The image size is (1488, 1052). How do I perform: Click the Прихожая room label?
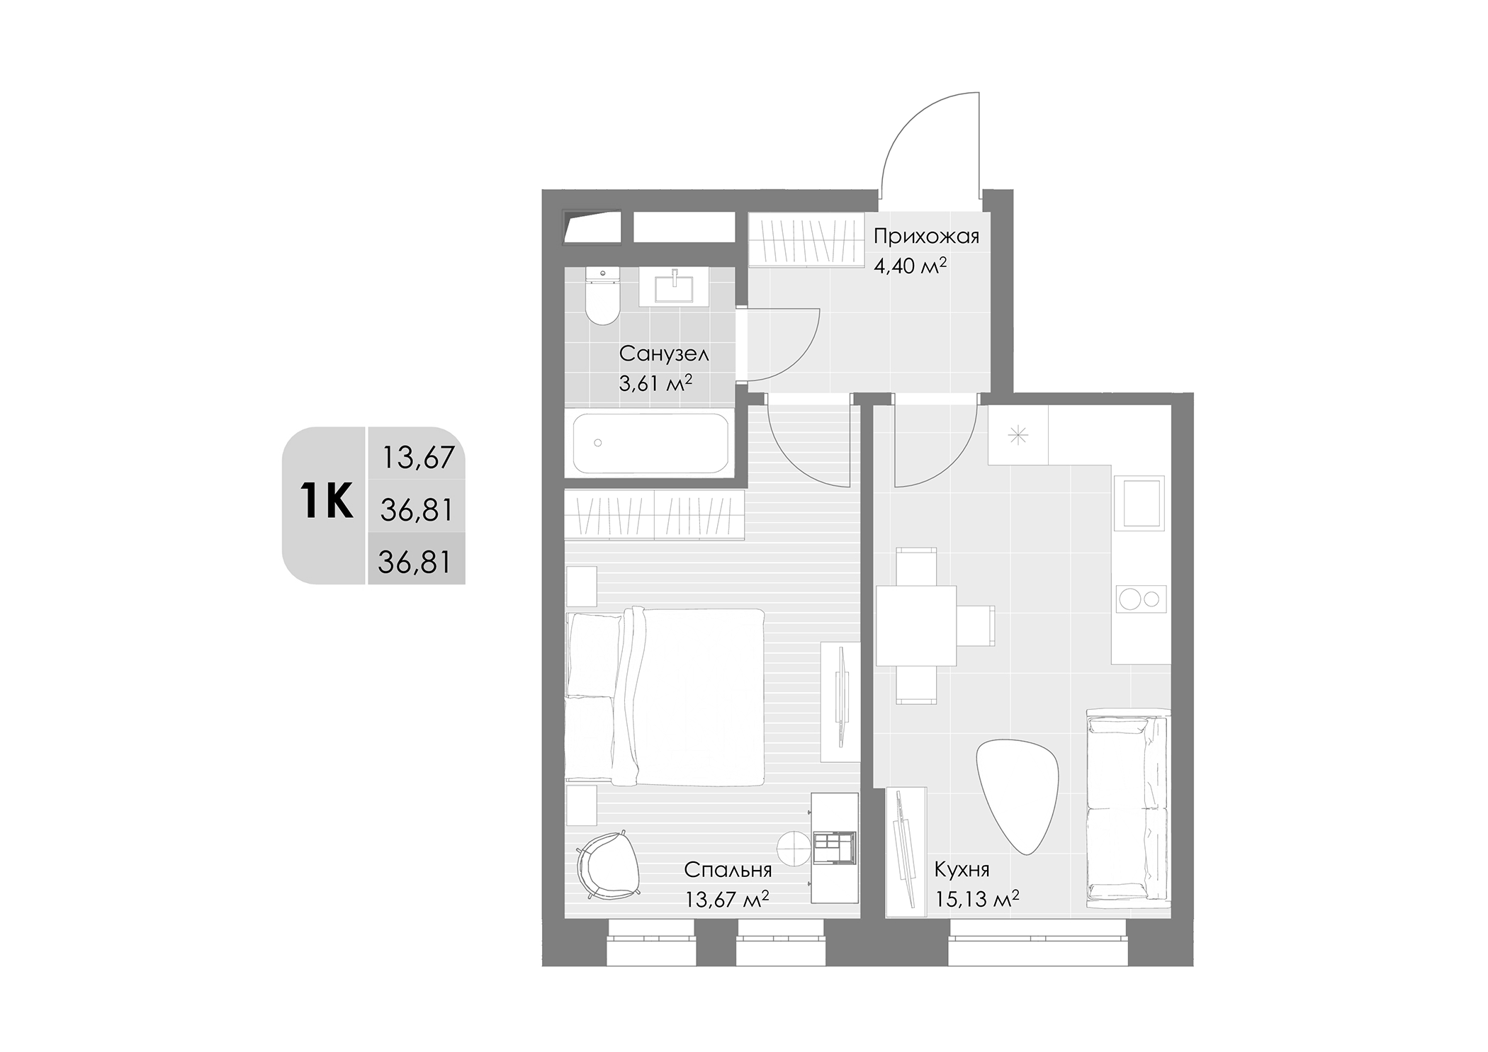(x=926, y=237)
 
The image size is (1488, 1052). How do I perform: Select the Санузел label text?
(x=664, y=354)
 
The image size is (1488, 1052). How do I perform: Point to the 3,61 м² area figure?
(x=655, y=383)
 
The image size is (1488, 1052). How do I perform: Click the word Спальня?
(x=728, y=869)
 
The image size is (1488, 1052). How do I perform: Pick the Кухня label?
(x=962, y=869)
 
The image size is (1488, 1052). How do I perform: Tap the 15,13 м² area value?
(x=977, y=900)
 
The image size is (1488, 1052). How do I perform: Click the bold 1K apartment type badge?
(x=327, y=502)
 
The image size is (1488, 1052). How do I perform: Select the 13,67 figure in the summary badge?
(x=418, y=458)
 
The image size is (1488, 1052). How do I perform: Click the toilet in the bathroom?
(x=602, y=297)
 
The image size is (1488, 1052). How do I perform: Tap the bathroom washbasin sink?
(x=674, y=287)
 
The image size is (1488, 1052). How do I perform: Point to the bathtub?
(x=650, y=443)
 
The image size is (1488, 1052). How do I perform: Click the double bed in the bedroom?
(x=665, y=696)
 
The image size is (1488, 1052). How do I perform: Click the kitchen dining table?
(x=915, y=626)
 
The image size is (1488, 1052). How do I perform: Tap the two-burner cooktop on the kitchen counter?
(x=1141, y=599)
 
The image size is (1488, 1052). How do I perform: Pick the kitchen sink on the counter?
(x=1139, y=503)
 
